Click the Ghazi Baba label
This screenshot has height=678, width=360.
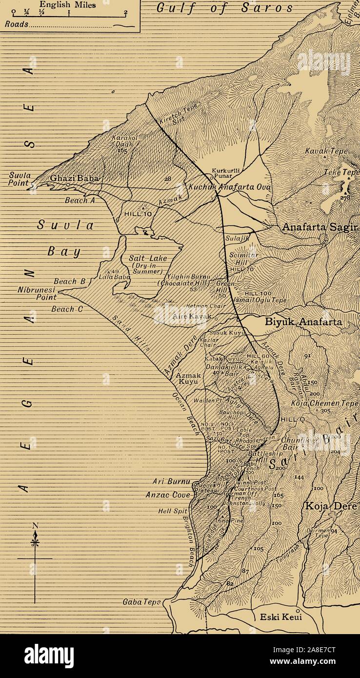click(x=75, y=179)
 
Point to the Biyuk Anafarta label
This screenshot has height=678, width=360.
click(x=303, y=322)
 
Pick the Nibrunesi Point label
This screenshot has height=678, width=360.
click(x=38, y=293)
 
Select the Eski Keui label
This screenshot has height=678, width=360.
click(x=280, y=617)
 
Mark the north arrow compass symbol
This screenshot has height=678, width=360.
click(x=35, y=541)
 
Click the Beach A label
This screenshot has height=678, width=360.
click(x=80, y=200)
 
